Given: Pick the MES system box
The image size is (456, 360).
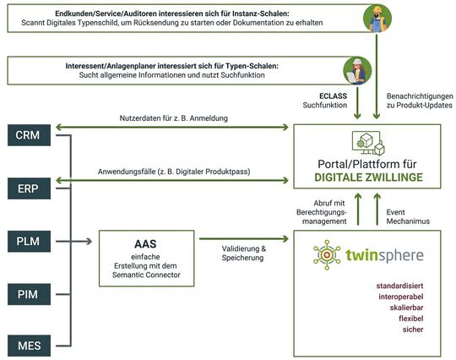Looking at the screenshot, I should click(27, 344).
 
